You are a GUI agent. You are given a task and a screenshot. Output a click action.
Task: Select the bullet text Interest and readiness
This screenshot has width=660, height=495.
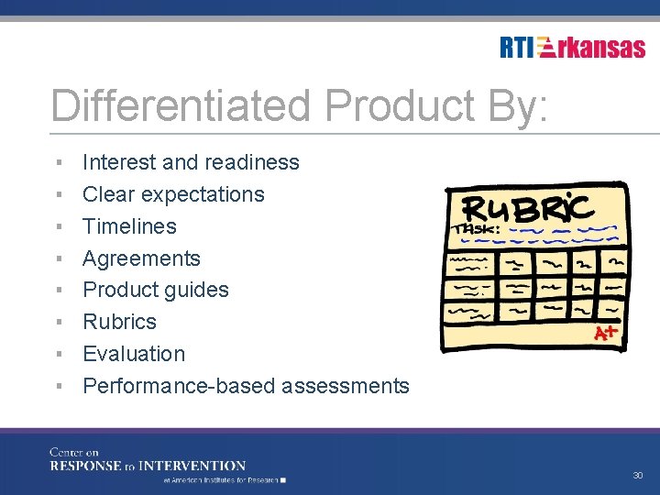pos(191,162)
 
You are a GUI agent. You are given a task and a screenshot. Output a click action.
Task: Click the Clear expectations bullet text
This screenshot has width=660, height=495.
pos(173,194)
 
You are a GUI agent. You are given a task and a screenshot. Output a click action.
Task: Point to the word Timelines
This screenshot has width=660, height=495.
pos(129,226)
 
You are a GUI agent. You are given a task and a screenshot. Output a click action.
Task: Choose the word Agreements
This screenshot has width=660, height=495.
pos(141,258)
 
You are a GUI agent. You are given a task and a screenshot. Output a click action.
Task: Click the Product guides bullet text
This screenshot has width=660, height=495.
pos(156,290)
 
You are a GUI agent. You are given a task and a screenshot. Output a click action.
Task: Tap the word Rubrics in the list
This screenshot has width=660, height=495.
pos(119,322)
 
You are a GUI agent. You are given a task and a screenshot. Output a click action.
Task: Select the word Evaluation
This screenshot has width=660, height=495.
pos(134,354)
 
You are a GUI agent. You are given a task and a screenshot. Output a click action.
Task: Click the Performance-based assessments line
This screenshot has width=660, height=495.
pos(246,386)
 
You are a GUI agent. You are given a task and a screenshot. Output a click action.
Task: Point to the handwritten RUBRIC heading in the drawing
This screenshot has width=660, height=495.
pos(528,208)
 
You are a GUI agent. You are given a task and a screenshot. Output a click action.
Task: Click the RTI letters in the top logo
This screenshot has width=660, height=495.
pos(517,48)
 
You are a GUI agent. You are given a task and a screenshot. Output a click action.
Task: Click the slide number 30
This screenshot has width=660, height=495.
pos(638,475)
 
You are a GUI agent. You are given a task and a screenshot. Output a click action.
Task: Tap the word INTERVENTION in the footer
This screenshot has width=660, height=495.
pos(194,466)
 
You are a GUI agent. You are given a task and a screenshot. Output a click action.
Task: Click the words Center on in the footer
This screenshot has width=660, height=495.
pos(74,452)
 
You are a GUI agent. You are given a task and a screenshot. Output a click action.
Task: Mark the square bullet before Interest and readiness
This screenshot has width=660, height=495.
pos(58,162)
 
